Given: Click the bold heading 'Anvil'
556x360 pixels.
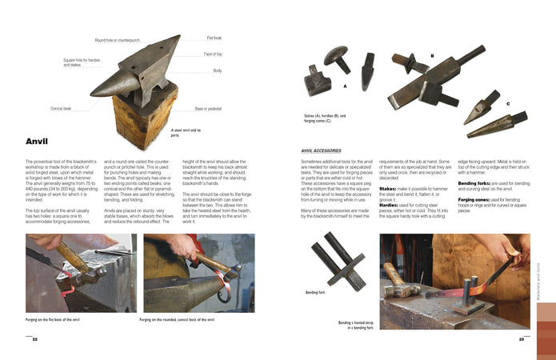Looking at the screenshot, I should click(37, 142).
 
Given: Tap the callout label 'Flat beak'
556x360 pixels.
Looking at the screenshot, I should click(214, 38).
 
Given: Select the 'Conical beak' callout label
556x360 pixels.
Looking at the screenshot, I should click(61, 108).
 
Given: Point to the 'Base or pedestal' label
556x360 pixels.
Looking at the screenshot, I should click(209, 108).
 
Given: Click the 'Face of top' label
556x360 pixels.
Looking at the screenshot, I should click(213, 54).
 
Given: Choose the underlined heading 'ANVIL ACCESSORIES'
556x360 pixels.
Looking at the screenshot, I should click(321, 150).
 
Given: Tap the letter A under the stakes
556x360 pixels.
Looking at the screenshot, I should click(345, 85).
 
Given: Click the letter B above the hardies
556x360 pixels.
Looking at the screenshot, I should click(432, 56).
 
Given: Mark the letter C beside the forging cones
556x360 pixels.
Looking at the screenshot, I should click(507, 103).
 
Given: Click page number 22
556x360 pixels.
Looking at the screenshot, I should click(34, 339).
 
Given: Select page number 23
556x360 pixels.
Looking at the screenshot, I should click(521, 339).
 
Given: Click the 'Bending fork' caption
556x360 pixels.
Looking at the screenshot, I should click(315, 293).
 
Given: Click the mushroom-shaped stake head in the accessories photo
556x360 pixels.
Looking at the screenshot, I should click(334, 57).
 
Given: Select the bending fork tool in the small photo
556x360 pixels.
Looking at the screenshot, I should click(337, 261).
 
